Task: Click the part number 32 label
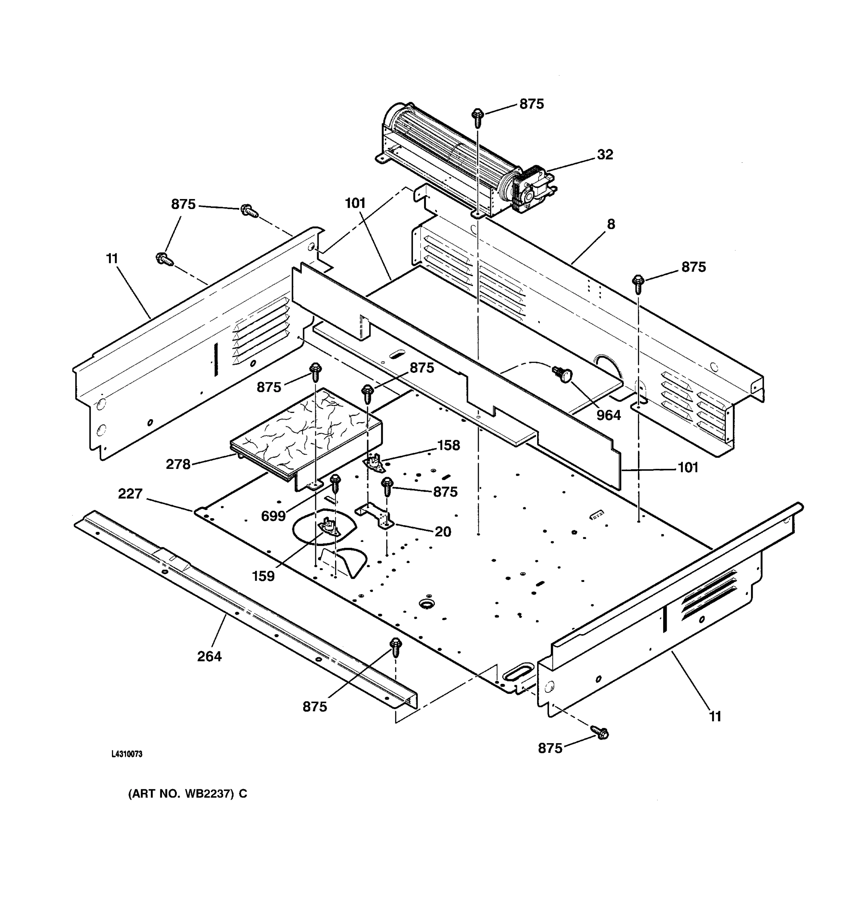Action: coord(605,154)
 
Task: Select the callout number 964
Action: coord(608,415)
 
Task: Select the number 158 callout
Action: coord(448,445)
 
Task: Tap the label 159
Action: coord(263,576)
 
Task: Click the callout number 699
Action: coord(273,516)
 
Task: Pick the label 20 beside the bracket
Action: coord(443,532)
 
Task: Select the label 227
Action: coord(130,494)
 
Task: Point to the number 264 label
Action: coord(209,656)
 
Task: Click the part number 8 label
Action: coord(611,225)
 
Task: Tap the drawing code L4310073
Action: coord(127,754)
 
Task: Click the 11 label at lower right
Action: coord(715,716)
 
